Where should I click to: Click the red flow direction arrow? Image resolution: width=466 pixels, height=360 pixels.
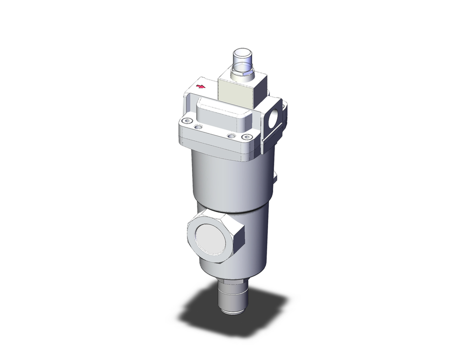[x=200, y=86]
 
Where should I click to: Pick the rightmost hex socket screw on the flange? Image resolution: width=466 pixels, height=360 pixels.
[x=247, y=137]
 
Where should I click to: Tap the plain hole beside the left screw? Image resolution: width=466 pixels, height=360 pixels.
[x=199, y=126]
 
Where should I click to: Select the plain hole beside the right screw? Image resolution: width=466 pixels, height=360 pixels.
[x=230, y=136]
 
